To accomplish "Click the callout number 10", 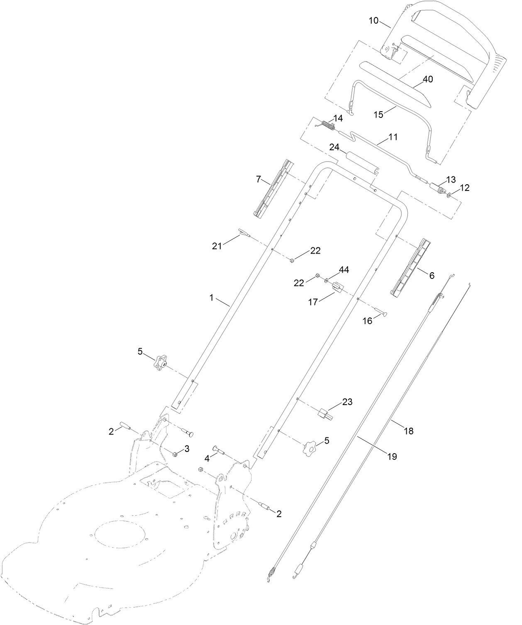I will [374, 20].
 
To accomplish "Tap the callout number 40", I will [427, 79].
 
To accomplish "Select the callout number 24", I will [334, 147].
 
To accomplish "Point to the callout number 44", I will [344, 270].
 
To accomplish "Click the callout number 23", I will [347, 402].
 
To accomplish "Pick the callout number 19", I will [392, 457].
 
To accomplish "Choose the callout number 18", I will [409, 431].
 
